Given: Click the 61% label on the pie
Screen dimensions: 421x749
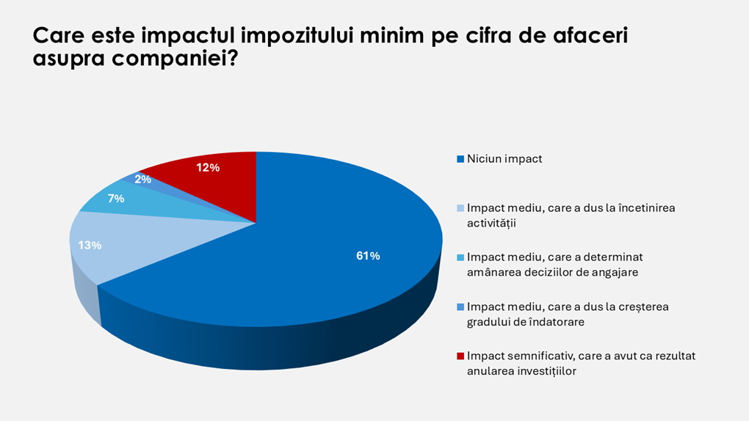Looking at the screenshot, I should pyautogui.click(x=368, y=256).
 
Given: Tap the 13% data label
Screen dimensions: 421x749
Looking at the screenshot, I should pyautogui.click(x=90, y=245).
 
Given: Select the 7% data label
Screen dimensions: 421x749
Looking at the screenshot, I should pyautogui.click(x=115, y=198).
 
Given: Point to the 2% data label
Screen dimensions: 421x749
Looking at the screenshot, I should pyautogui.click(x=142, y=178).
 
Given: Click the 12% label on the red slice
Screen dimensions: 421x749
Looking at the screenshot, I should pyautogui.click(x=208, y=167).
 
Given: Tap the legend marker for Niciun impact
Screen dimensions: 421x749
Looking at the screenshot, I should pyautogui.click(x=460, y=158).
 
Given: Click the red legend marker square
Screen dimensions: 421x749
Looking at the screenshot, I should pyautogui.click(x=460, y=356).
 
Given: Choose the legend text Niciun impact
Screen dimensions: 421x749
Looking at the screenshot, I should pyautogui.click(x=504, y=158).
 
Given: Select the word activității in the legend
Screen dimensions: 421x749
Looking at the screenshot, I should pyautogui.click(x=491, y=222).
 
